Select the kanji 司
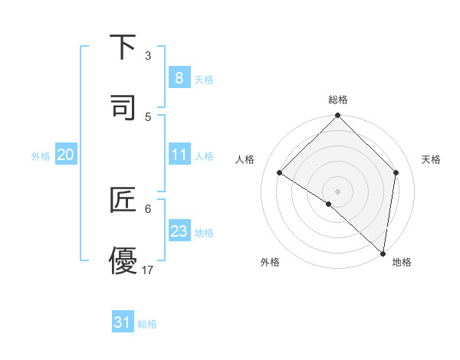pos(123,106)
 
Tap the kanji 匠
pos(123,200)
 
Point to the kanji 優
pos(123,260)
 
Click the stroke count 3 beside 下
pos(148,56)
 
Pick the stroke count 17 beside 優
pos(148,270)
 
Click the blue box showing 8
pos(179,78)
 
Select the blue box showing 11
pos(179,155)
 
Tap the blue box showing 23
pos(179,231)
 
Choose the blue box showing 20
pos(66,155)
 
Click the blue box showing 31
pos(123,322)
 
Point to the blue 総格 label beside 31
pos(147,324)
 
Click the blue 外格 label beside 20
pos(41,156)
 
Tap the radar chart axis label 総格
pos(338,100)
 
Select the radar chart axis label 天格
pos(432,159)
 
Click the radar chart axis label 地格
pos(402,262)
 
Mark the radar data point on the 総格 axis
pos(338,116)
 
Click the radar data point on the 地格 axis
pos(383,253)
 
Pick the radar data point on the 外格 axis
pos(329,204)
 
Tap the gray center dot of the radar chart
pos(338,191)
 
